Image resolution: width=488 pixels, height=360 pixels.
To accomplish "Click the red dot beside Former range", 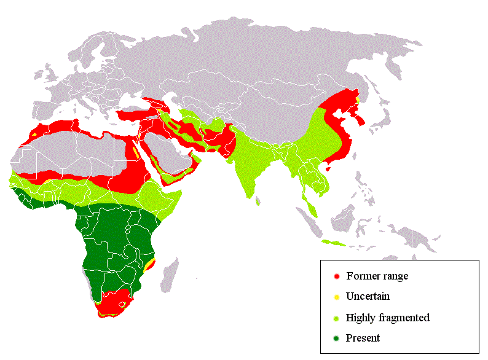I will (336, 276).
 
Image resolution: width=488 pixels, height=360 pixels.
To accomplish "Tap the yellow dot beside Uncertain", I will (336, 297).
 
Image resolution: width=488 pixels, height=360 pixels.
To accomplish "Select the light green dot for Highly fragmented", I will (336, 318).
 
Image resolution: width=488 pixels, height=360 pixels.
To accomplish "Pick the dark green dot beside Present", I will (336, 338).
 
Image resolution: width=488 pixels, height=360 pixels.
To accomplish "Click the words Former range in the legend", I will (377, 276).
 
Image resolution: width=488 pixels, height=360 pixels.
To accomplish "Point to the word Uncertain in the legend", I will (368, 297).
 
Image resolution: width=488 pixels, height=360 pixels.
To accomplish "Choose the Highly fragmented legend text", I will (387, 318).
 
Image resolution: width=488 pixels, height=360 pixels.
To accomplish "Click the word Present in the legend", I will (363, 338).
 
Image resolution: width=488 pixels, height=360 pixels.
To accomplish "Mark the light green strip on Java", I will (335, 244).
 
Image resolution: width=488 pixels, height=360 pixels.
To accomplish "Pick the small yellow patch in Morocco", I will (36, 134).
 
